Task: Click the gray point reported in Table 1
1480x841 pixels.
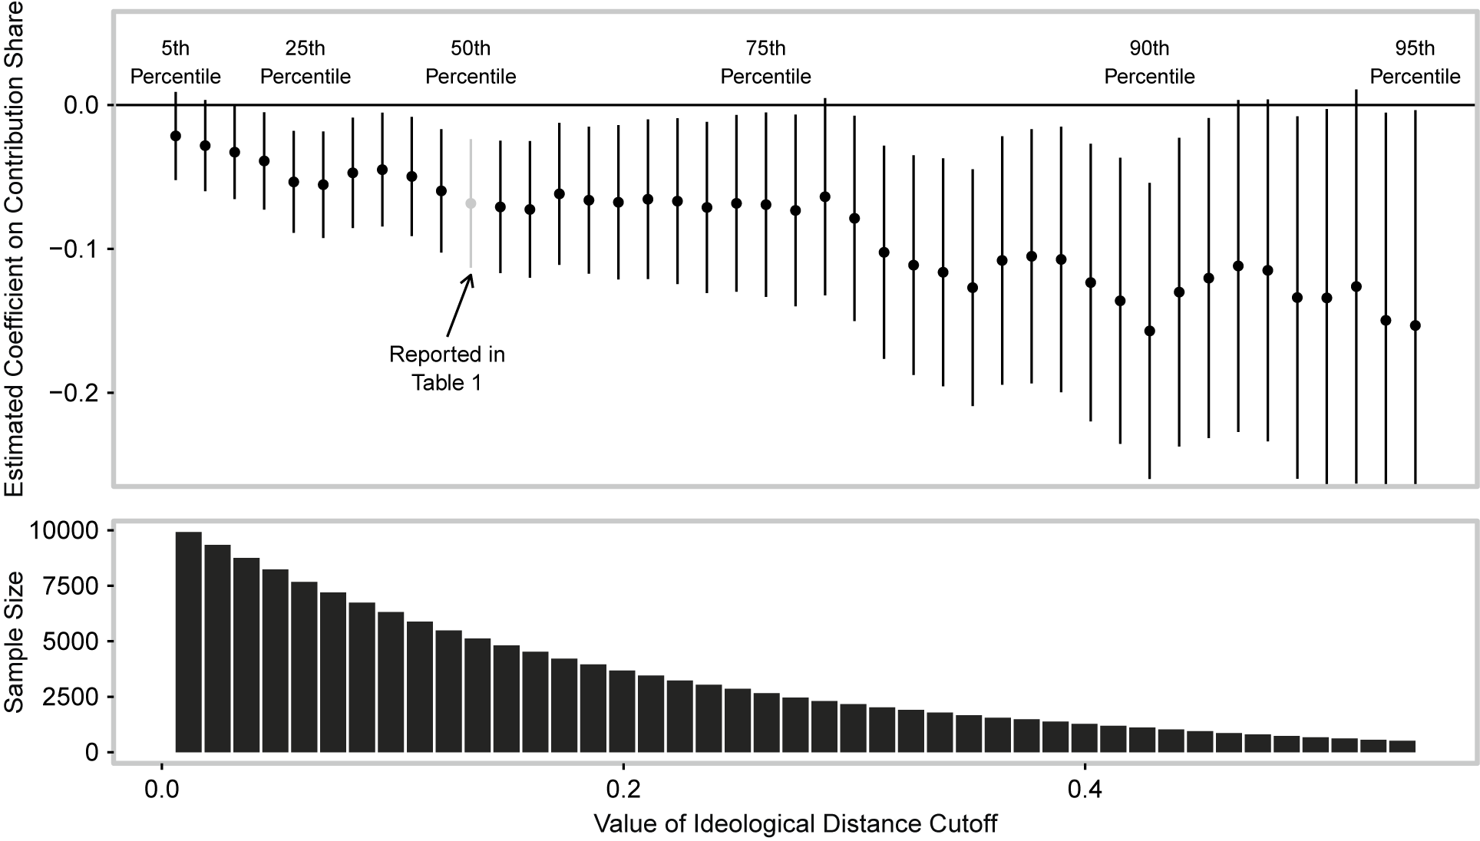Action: click(471, 203)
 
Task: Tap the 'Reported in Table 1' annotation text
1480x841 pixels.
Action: click(447, 368)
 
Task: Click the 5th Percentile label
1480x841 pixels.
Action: click(175, 63)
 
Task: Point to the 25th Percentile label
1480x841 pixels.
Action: click(306, 63)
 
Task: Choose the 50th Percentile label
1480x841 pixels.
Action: click(471, 63)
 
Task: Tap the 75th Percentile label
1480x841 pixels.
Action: click(765, 63)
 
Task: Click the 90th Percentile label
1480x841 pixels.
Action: click(1149, 63)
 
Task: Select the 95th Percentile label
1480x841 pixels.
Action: click(1415, 63)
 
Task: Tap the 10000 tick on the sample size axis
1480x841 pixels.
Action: click(63, 530)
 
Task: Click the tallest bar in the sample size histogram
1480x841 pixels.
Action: click(189, 643)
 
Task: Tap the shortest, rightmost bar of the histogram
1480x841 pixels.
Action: click(1402, 747)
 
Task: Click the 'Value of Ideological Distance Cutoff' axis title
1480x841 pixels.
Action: click(795, 824)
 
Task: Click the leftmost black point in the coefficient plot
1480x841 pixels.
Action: click(175, 136)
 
